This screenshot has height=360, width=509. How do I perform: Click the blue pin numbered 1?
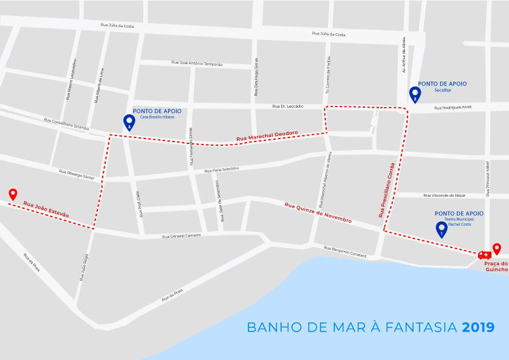coord(441,229)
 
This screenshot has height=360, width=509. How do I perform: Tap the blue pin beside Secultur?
coord(415,94)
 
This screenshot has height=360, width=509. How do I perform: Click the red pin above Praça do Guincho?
coord(497,249)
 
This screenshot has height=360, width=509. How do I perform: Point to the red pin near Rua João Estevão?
coord(13,194)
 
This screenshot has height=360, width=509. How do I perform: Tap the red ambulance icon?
coord(484,255)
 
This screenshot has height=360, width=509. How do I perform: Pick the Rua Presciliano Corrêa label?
coord(386,190)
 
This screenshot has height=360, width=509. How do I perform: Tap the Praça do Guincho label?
coord(496,267)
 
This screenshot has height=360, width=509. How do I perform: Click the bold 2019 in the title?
coord(478,327)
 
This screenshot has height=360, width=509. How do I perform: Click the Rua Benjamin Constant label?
coord(345,252)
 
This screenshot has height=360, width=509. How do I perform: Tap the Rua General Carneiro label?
coord(181,236)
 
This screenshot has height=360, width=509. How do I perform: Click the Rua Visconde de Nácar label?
coord(445,195)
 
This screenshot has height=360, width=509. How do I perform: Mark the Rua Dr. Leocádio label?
coord(287,106)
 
